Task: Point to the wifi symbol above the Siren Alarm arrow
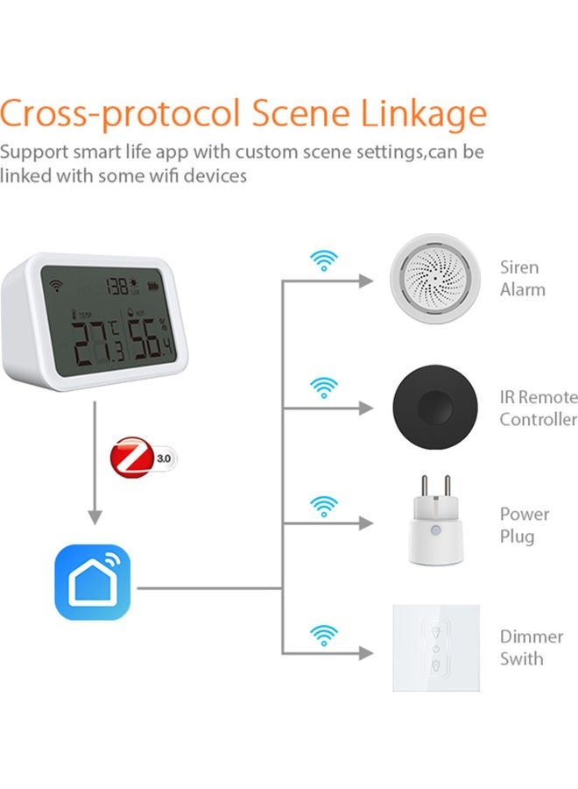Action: click(324, 260)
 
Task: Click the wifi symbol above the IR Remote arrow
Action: click(324, 386)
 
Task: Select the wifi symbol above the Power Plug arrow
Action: click(324, 506)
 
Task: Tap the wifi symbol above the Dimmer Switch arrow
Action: click(324, 632)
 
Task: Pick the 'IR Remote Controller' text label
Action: click(538, 408)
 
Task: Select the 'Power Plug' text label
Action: click(525, 524)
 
